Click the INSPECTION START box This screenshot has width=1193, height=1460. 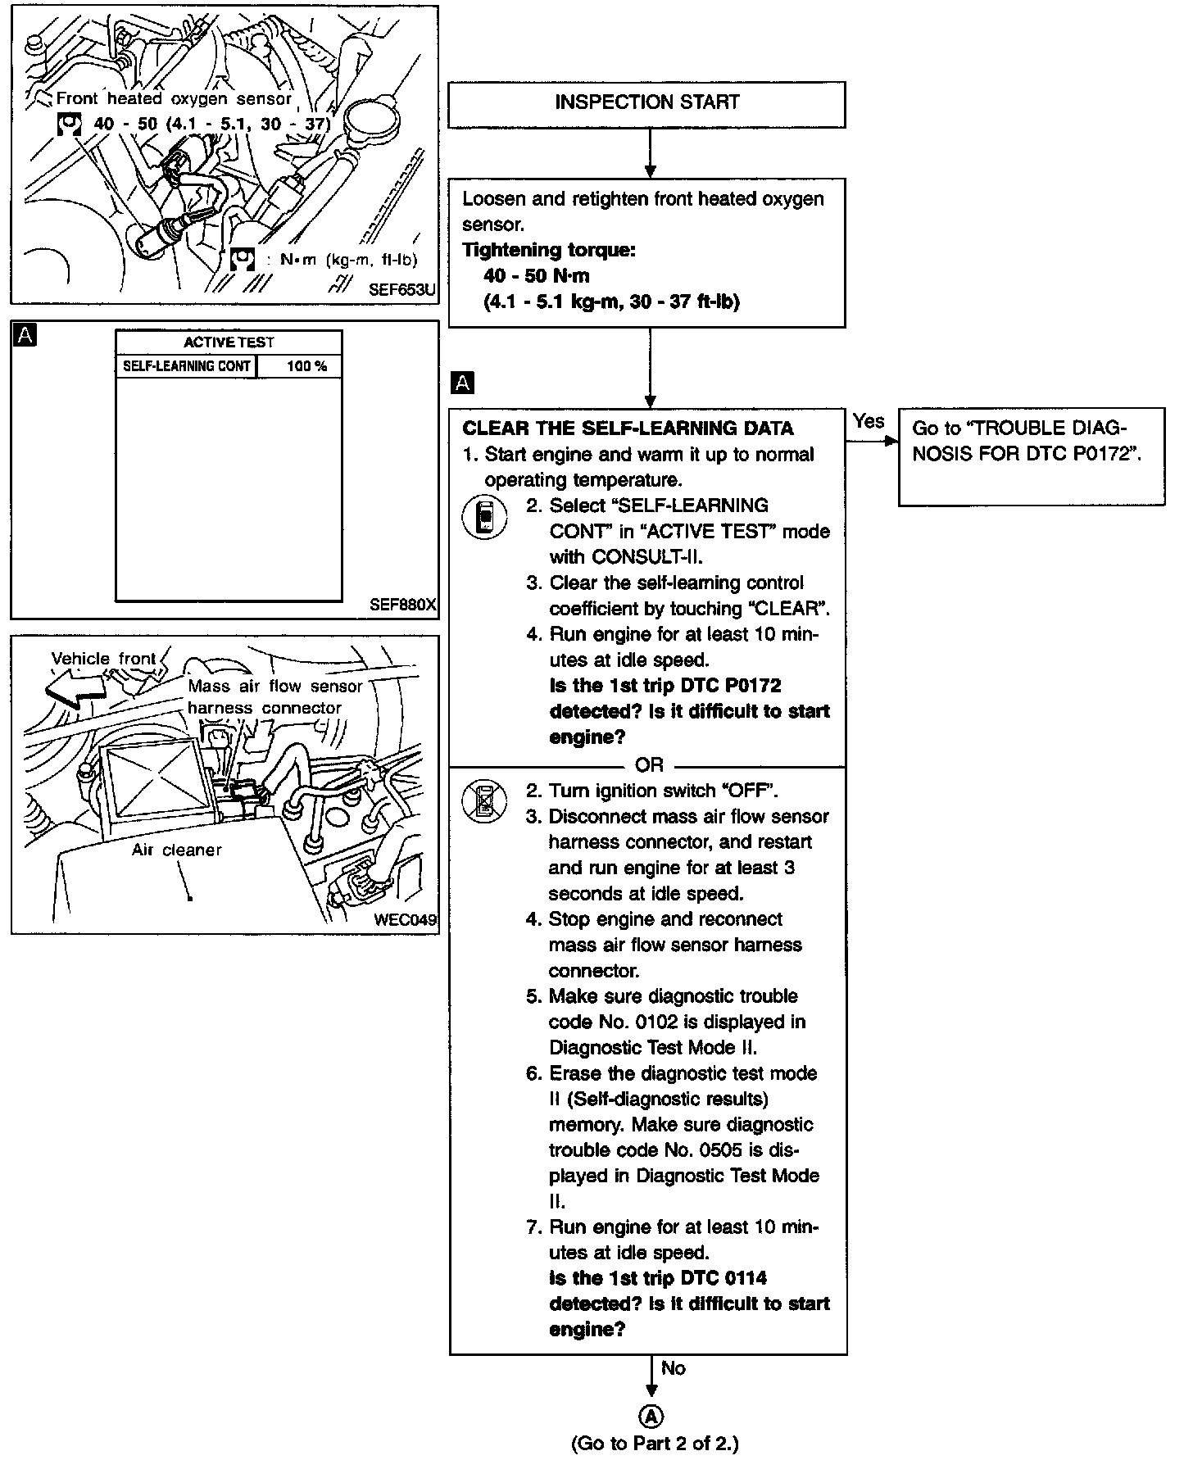pyautogui.click(x=646, y=103)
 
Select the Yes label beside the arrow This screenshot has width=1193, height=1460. pyautogui.click(x=868, y=421)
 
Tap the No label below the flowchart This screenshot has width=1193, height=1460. pyautogui.click(x=674, y=1368)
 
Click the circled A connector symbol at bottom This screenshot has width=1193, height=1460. pyautogui.click(x=651, y=1417)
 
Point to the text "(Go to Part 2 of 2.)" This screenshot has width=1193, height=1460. pyautogui.click(x=654, y=1444)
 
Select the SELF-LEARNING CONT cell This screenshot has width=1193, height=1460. pyautogui.click(x=186, y=366)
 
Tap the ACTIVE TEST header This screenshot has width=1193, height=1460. pyautogui.click(x=229, y=342)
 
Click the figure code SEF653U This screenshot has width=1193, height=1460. pyautogui.click(x=402, y=290)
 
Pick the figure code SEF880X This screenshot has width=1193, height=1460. pyautogui.click(x=402, y=605)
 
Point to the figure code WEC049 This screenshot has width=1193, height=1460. pyautogui.click(x=405, y=920)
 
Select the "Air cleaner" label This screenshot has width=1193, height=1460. pyautogui.click(x=176, y=850)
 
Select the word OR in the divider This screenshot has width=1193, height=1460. pyautogui.click(x=649, y=765)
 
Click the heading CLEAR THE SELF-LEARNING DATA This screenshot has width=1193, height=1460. pyautogui.click(x=628, y=428)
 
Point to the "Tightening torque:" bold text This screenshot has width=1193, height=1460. pyautogui.click(x=549, y=250)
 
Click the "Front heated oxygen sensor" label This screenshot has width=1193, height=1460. pyautogui.click(x=174, y=99)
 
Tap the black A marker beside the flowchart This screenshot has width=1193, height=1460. pyautogui.click(x=463, y=383)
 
